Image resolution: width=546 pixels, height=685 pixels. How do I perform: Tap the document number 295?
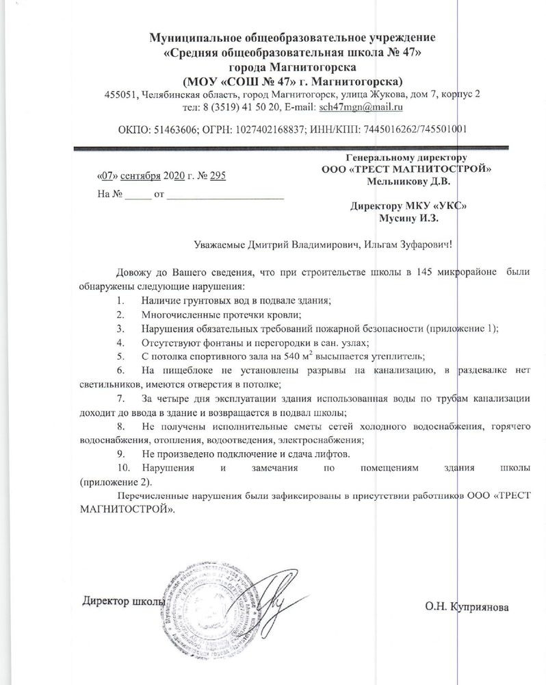(x=218, y=176)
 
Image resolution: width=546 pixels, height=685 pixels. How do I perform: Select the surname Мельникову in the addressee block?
(x=396, y=181)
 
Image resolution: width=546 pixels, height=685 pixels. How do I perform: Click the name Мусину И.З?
(x=408, y=218)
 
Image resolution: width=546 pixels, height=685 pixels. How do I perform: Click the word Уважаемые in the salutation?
(x=219, y=244)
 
